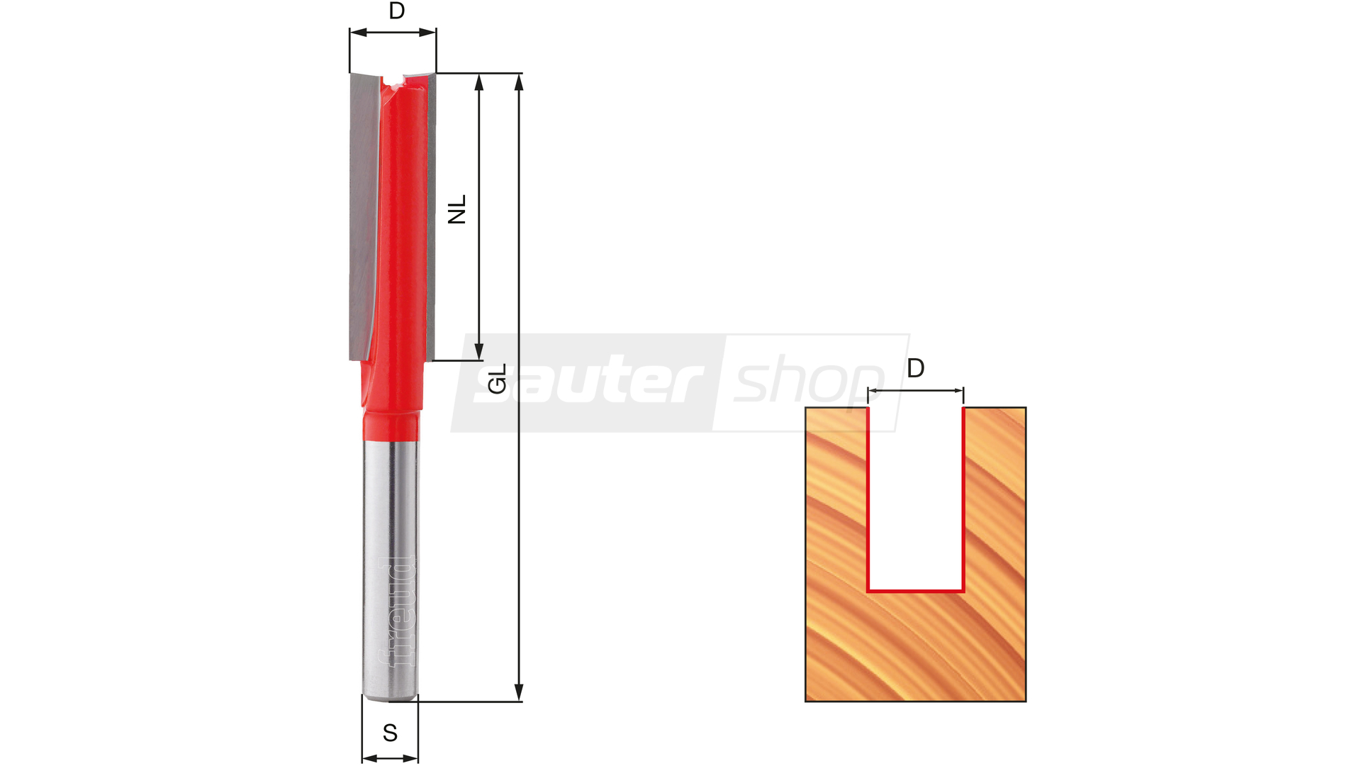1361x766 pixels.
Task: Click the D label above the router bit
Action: [397, 11]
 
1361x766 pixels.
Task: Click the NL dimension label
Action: [457, 209]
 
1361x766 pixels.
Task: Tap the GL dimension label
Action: [498, 379]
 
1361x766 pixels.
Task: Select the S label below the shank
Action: [390, 733]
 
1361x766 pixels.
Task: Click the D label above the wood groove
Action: [916, 368]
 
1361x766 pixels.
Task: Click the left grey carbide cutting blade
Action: [365, 216]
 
